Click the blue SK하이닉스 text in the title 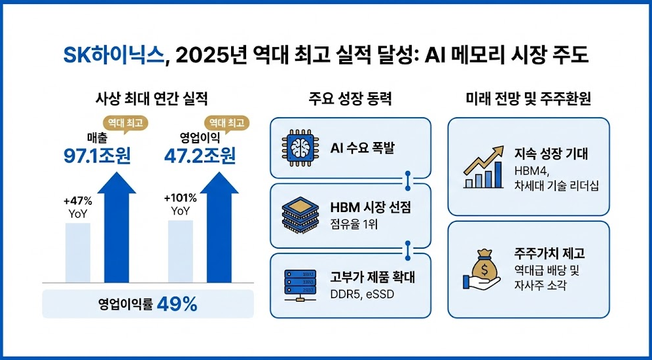(x=113, y=56)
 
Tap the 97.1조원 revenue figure (x=97, y=156)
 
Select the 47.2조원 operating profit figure (x=200, y=156)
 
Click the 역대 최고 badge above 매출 (x=126, y=123)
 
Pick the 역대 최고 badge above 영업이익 (x=227, y=123)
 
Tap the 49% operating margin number (x=177, y=306)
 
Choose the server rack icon (x=299, y=285)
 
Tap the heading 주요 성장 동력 (x=350, y=100)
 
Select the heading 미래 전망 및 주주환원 (x=528, y=100)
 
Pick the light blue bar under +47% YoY (x=78, y=253)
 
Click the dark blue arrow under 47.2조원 (x=219, y=227)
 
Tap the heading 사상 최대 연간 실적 (x=152, y=100)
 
